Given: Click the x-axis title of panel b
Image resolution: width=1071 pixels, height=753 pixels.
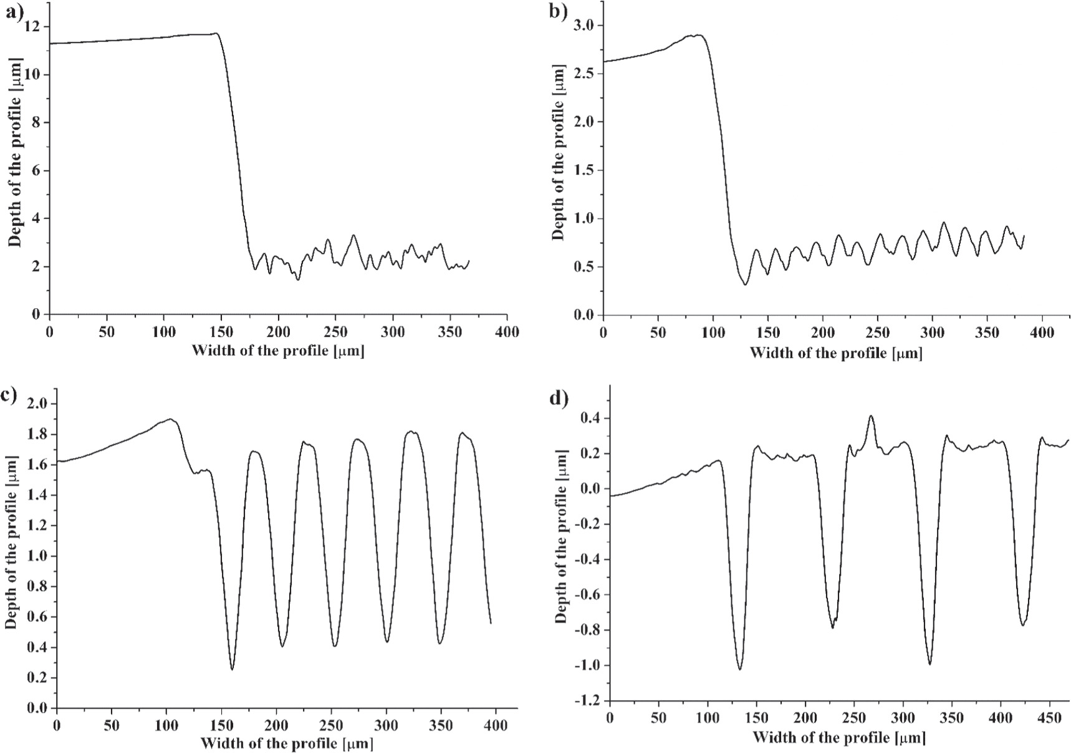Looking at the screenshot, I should [835, 354].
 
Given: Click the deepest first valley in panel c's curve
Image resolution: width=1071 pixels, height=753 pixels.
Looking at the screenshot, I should [232, 669].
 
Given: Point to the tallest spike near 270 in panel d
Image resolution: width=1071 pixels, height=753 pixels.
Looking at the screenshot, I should [871, 416].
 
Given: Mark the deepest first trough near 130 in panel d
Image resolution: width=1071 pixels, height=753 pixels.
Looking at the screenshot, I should [739, 669].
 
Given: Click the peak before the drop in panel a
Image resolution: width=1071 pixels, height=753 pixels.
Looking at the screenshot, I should [216, 34].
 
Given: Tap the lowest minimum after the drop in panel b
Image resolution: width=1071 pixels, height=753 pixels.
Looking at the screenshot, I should [745, 284].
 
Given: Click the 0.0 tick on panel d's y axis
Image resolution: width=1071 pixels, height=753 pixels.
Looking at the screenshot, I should [589, 488].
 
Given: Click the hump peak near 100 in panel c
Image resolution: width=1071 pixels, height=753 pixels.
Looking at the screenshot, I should [170, 419].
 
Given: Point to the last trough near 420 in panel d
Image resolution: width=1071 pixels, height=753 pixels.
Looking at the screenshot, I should [1022, 625].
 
